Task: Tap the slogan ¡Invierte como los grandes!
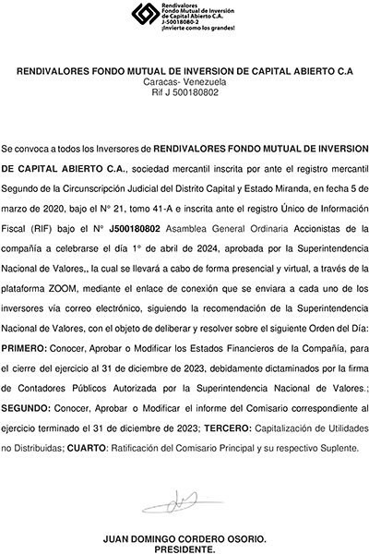click(x=197, y=29)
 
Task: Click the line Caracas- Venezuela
click(x=184, y=82)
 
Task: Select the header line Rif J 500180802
click(x=184, y=92)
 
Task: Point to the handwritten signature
click(x=185, y=503)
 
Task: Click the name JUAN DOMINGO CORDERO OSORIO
click(x=184, y=538)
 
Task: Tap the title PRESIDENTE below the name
click(x=184, y=548)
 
